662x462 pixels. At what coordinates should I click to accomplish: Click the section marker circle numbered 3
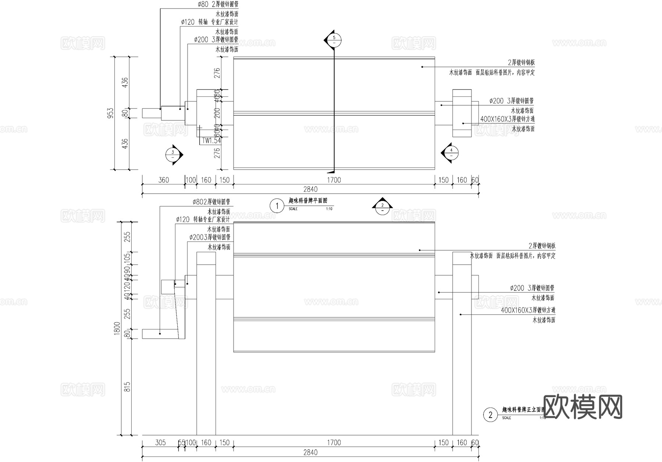[172, 155]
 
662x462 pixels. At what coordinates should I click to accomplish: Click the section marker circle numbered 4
[452, 152]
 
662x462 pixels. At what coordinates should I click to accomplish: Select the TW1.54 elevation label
[211, 141]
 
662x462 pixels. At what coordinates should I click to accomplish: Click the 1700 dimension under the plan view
[334, 180]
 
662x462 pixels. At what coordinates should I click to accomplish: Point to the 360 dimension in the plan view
[163, 180]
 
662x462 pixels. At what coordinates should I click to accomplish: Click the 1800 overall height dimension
[117, 328]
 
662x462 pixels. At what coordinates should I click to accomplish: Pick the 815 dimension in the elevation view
[127, 387]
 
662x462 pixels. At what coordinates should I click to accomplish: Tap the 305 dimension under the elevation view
[160, 442]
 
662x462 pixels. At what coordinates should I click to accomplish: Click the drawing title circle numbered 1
[277, 206]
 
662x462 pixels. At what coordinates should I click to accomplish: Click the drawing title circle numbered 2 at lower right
[490, 415]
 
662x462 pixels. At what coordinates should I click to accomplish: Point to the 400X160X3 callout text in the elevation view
[528, 310]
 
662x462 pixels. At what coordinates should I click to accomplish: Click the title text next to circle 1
[308, 201]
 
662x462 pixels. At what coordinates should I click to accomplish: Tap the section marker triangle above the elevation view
[382, 206]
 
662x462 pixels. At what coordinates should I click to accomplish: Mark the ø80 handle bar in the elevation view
[160, 334]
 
